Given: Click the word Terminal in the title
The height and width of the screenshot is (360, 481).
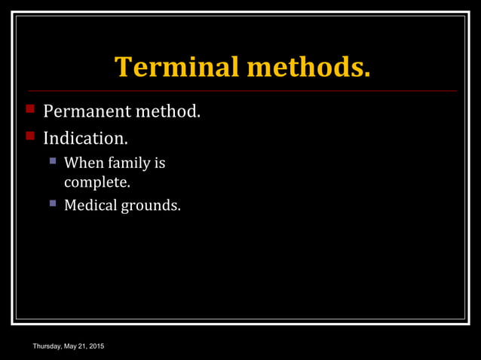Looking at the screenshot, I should [x=177, y=67].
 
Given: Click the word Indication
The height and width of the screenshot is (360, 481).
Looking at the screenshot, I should [x=85, y=139].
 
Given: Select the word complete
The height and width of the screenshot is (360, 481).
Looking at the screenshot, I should [x=97, y=181].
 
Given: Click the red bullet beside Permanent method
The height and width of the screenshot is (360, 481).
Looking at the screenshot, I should [x=30, y=110].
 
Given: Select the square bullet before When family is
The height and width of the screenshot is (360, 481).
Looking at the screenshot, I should [x=53, y=161].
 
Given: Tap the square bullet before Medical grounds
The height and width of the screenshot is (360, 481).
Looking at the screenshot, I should [x=53, y=203].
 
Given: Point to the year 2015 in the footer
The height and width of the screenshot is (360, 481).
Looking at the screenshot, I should [x=96, y=346].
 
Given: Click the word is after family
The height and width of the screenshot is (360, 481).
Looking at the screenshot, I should [x=160, y=163].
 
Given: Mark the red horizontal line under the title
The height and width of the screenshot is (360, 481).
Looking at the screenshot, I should [x=241, y=91].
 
